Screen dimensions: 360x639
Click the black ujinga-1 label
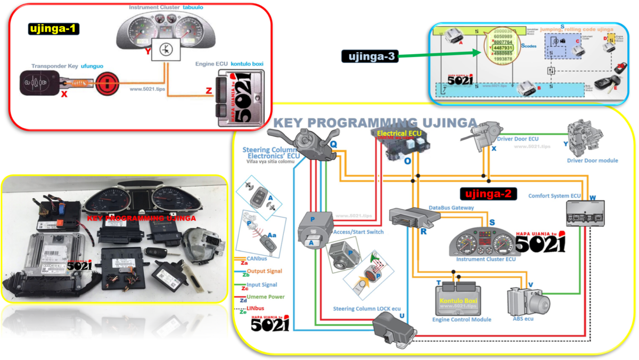[x=53, y=29]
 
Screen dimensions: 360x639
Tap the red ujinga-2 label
[x=488, y=194]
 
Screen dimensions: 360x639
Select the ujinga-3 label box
[x=369, y=56]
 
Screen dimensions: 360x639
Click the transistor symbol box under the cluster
[x=167, y=49]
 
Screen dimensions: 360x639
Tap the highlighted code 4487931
[x=503, y=47]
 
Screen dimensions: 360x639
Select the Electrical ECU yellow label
[x=399, y=132]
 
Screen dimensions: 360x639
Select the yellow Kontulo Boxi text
[x=458, y=300]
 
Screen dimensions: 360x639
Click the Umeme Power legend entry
[x=265, y=297]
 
